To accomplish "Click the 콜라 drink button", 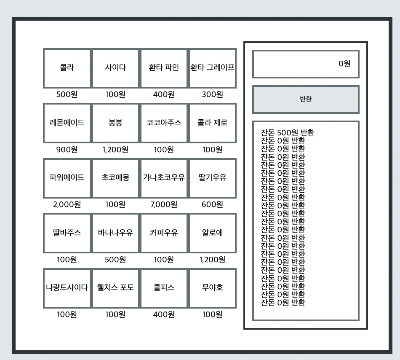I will pyautogui.click(x=67, y=68).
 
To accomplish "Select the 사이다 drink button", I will pyautogui.click(x=115, y=68).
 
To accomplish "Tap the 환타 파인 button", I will pyautogui.click(x=164, y=68).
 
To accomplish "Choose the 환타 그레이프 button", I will pyautogui.click(x=212, y=68).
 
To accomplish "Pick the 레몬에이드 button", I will pyautogui.click(x=67, y=123).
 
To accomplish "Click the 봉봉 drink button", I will pyautogui.click(x=115, y=123).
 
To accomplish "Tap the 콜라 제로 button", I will pyautogui.click(x=212, y=123).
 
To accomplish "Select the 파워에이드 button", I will pyautogui.click(x=67, y=178).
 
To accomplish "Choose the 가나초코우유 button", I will pyautogui.click(x=164, y=178).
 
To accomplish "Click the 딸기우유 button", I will pyautogui.click(x=212, y=178).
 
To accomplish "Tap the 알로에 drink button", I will pyautogui.click(x=212, y=233).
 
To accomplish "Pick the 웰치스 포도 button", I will pyautogui.click(x=115, y=288).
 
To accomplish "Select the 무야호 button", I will pyautogui.click(x=212, y=288).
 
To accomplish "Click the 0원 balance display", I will pyautogui.click(x=306, y=64).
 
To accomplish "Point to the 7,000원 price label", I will pyautogui.click(x=164, y=205).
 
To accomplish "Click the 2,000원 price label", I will pyautogui.click(x=67, y=205).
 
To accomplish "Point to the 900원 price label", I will pyautogui.click(x=67, y=150).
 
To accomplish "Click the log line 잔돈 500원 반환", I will pyautogui.click(x=288, y=133).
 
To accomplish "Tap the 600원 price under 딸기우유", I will pyautogui.click(x=212, y=205).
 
